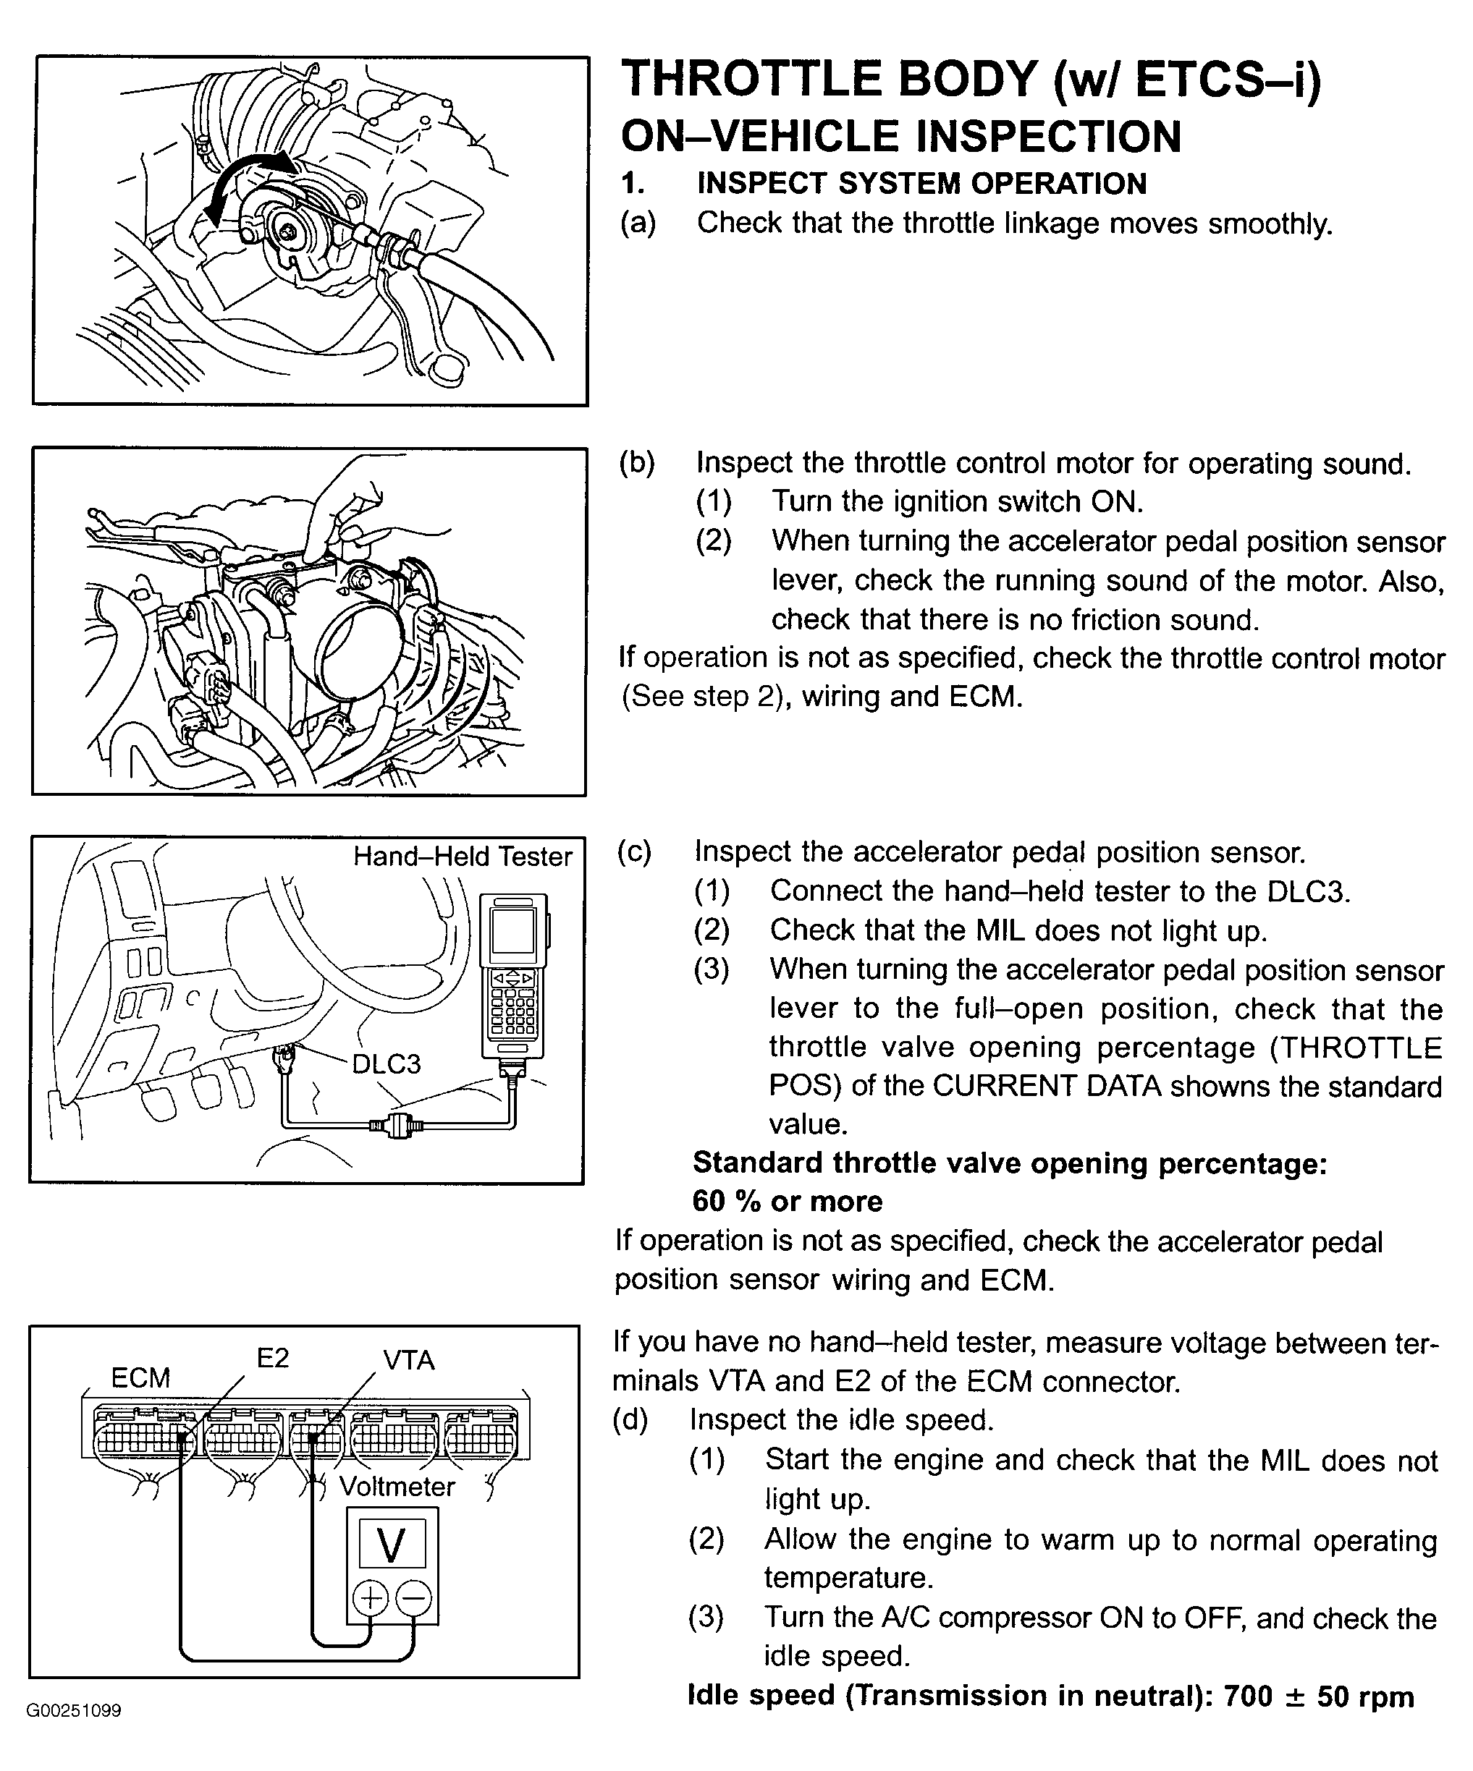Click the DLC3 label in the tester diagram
386,1064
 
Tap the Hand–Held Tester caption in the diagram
463,857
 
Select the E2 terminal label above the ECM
272,1358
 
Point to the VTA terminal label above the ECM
409,1360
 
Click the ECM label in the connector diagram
141,1377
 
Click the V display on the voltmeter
392,1545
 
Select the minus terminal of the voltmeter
414,1598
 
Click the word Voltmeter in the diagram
397,1486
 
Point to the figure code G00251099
75,1710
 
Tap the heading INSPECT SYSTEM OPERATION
921,183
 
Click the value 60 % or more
787,1201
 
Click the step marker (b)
638,463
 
